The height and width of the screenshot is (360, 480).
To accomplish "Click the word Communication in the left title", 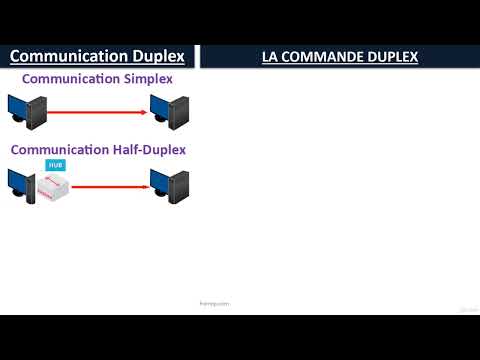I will pyautogui.click(x=69, y=57).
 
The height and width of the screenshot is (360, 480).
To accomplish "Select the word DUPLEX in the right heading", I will pyautogui.click(x=393, y=58).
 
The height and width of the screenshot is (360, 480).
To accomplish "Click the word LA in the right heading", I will pyautogui.click(x=271, y=58).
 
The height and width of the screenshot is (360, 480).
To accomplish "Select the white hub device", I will pyautogui.click(x=54, y=186).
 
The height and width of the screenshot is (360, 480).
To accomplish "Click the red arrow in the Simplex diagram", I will pyautogui.click(x=95, y=113).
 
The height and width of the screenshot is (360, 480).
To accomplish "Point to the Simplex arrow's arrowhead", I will pyautogui.click(x=145, y=113).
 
